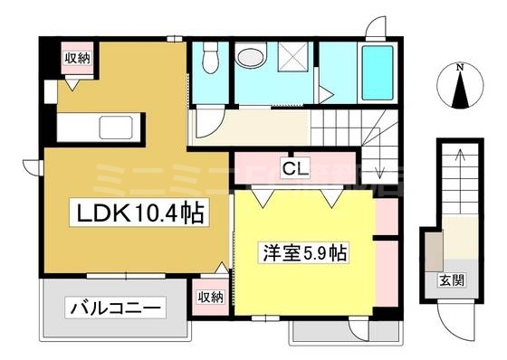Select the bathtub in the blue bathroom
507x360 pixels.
(375, 71)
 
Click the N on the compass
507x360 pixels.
(459, 67)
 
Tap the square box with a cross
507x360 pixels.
(292, 62)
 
